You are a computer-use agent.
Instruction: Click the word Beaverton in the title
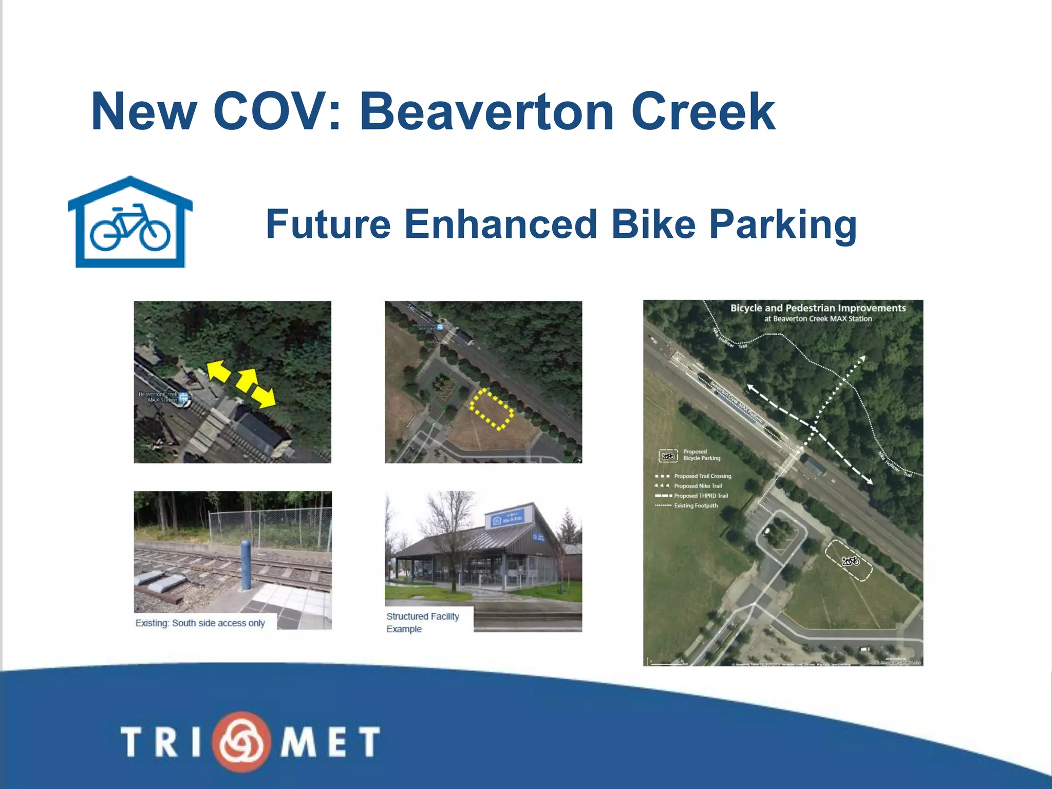click(486, 111)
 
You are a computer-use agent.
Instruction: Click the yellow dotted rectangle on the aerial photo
click(492, 408)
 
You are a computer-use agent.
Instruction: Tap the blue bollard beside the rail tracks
click(246, 564)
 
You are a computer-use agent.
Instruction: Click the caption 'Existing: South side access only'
click(200, 623)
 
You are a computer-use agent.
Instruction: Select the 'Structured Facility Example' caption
click(422, 623)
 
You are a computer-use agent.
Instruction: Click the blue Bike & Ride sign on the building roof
click(508, 519)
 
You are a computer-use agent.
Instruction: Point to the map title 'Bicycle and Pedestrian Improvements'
click(818, 308)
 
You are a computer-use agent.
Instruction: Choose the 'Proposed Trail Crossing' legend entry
click(702, 476)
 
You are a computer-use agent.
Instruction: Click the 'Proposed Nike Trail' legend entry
click(698, 486)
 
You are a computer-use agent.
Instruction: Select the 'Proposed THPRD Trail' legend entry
click(701, 496)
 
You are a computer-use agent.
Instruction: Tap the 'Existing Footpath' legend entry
click(696, 505)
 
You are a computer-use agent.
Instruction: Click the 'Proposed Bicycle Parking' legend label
click(701, 455)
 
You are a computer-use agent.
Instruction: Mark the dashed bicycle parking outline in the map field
click(849, 560)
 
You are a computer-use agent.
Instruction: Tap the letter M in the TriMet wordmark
click(298, 742)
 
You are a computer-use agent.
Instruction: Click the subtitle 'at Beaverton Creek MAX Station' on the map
click(818, 319)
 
